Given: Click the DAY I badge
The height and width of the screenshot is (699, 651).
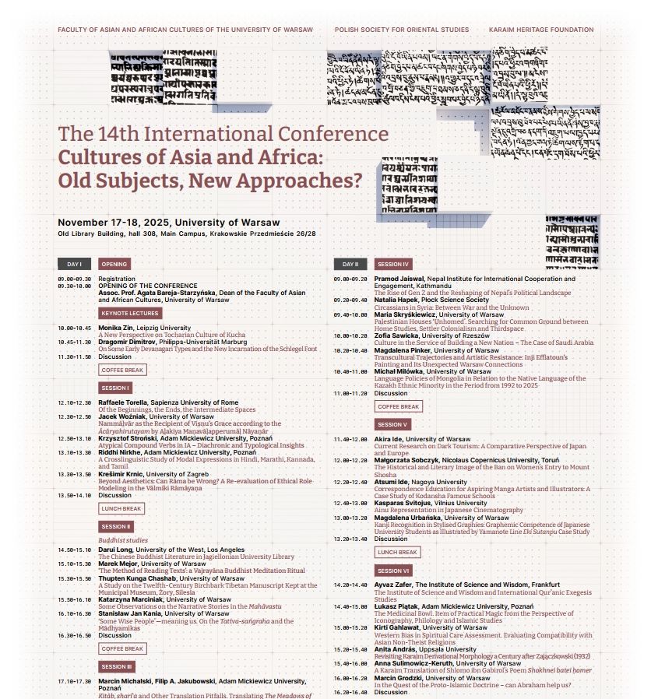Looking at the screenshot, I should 75,264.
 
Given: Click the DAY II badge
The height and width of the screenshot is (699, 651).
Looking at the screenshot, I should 350,264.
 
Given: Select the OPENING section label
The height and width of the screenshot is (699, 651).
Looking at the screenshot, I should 119,264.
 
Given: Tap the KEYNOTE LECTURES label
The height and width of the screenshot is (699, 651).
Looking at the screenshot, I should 130,313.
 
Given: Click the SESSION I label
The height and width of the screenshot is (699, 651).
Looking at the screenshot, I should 116,387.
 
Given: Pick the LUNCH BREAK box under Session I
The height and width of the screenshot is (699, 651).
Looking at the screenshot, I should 122,508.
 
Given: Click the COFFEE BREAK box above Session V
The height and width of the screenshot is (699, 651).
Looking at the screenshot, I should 398,406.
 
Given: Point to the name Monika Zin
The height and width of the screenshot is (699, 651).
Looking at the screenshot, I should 115,328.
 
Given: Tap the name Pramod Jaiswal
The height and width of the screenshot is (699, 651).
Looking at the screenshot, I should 399,279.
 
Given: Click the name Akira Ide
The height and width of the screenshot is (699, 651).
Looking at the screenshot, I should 389,439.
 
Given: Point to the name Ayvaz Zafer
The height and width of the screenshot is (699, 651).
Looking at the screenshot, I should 393,584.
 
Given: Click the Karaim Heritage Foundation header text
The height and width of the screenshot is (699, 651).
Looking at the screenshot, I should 541,30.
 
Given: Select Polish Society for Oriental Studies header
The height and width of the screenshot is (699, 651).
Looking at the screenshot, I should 402,30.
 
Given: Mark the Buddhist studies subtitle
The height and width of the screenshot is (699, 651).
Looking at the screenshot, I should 121,539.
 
